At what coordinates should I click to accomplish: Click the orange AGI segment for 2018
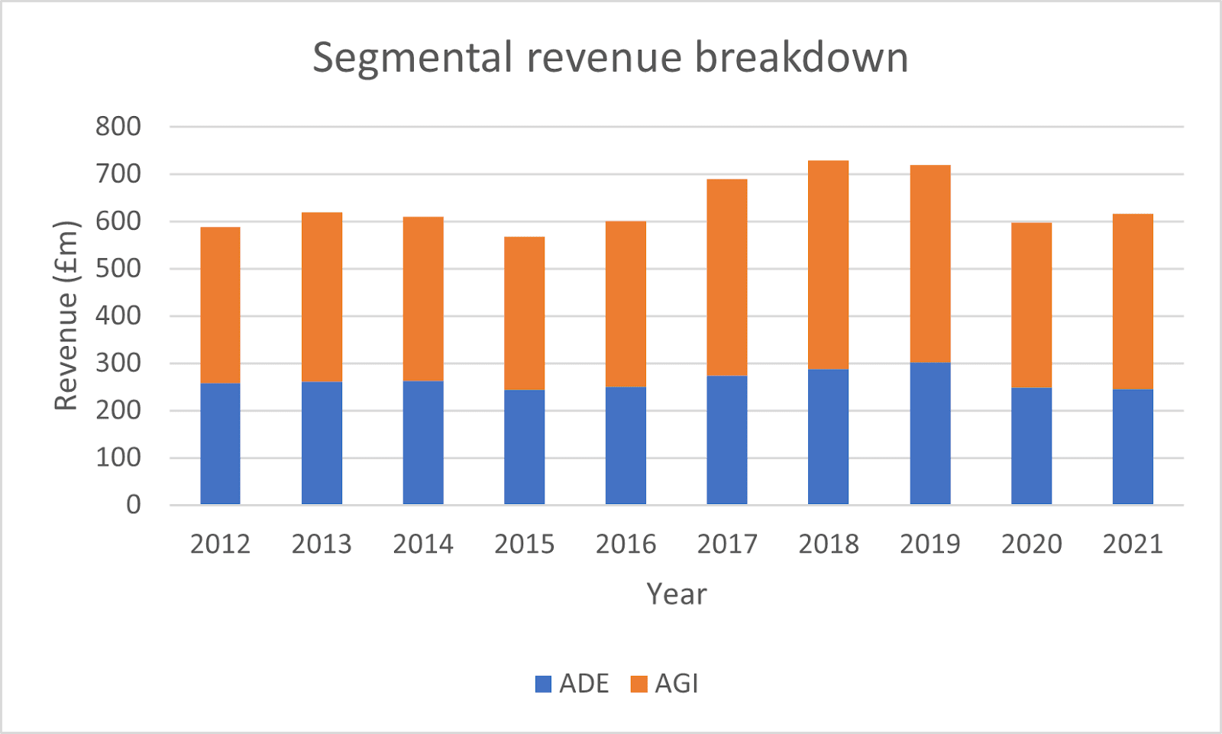[828, 265]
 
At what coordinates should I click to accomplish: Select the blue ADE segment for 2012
[220, 443]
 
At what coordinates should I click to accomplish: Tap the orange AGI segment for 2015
[524, 313]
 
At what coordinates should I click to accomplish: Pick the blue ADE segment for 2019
[929, 433]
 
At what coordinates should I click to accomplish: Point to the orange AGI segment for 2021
[1132, 302]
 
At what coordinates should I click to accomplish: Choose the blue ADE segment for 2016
[626, 445]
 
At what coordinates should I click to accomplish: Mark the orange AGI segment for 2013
[322, 297]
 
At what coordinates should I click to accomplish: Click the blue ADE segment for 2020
[1031, 446]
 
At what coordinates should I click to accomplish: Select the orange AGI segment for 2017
[726, 277]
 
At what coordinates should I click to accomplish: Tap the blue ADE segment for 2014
[423, 442]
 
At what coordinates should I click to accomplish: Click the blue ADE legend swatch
[543, 684]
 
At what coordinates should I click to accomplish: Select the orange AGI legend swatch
[638, 684]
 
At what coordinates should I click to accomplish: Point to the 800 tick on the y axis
[118, 127]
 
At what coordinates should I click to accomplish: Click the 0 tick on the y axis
[134, 505]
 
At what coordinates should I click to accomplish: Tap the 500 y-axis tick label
[118, 269]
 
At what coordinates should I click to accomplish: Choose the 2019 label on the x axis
[929, 544]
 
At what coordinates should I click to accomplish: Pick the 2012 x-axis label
[220, 544]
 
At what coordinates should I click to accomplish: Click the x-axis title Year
[676, 594]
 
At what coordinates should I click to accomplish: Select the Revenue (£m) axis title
[67, 315]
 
